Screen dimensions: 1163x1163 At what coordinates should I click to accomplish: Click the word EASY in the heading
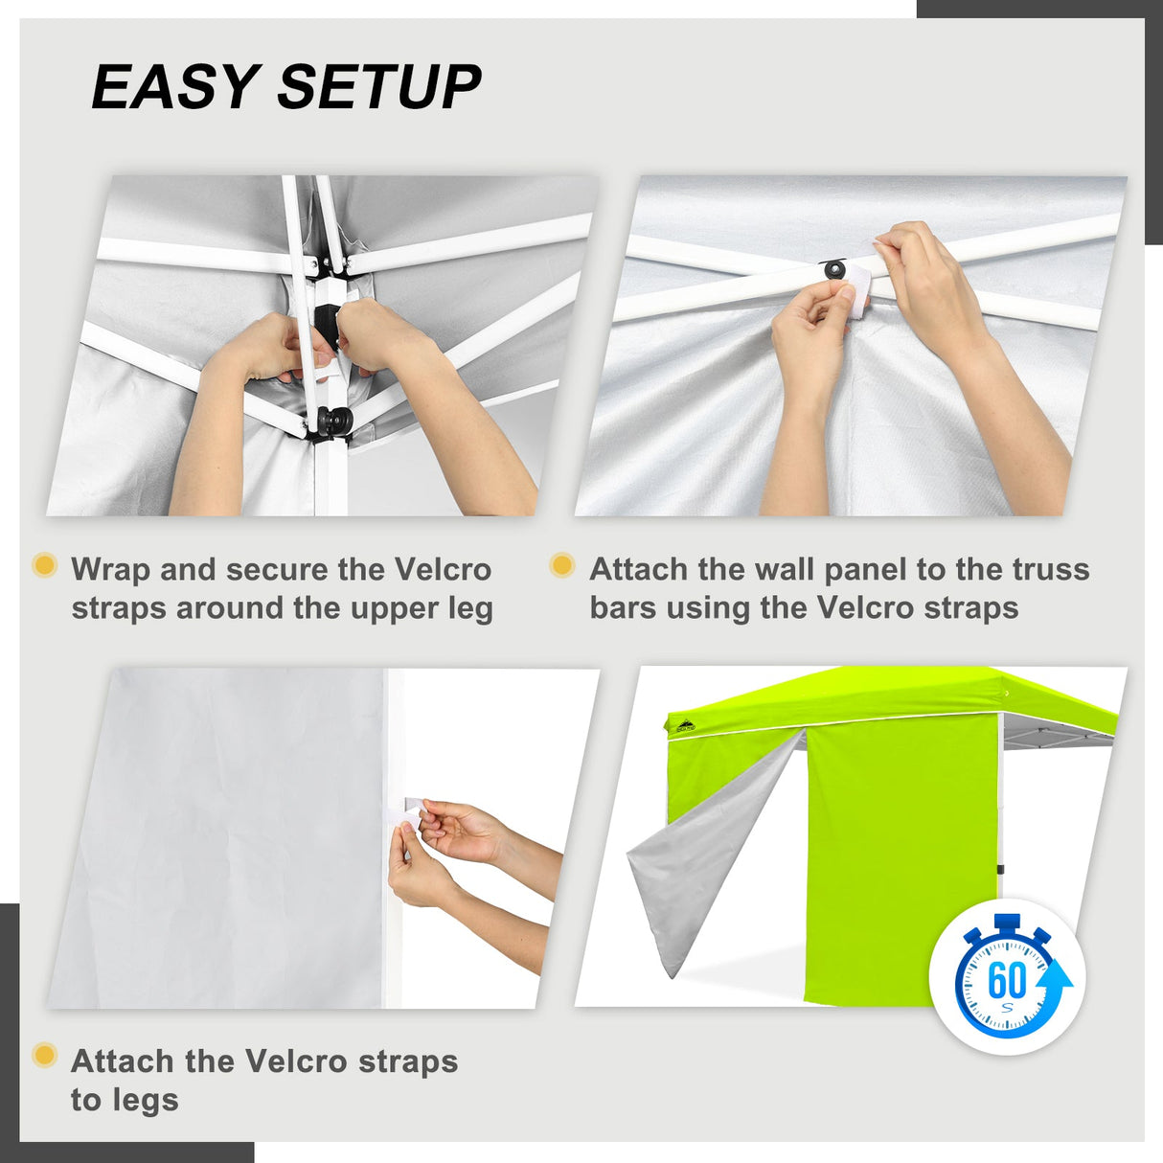click(173, 87)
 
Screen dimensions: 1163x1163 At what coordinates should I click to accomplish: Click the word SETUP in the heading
click(379, 87)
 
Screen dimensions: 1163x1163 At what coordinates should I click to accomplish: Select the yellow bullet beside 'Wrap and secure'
click(44, 564)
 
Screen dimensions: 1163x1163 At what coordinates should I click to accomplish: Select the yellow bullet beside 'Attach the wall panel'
click(562, 565)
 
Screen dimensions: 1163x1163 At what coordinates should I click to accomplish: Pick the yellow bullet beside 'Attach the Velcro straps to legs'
click(44, 1056)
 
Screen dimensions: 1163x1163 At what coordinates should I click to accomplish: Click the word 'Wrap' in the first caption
click(111, 569)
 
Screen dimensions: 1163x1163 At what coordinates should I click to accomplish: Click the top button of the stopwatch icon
click(1007, 924)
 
